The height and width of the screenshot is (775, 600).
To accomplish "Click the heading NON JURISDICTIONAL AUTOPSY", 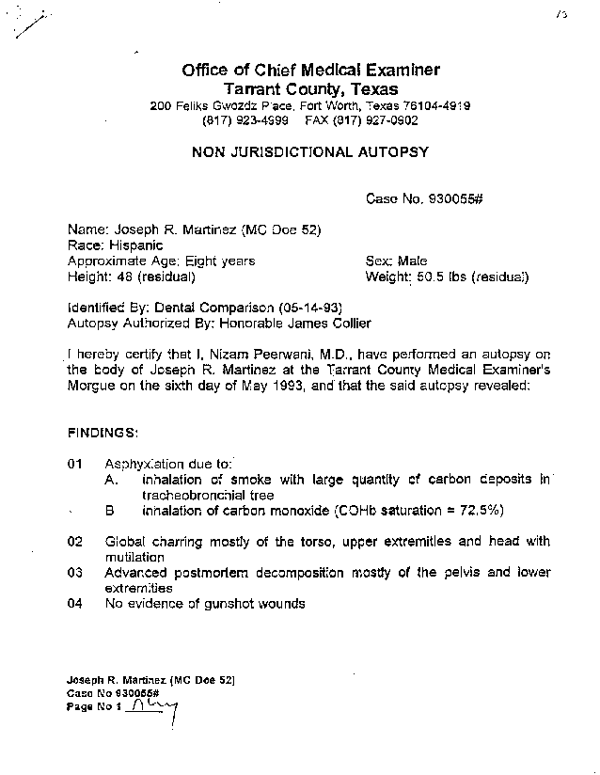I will pyautogui.click(x=310, y=151).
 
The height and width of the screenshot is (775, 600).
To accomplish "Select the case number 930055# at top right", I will pyautogui.click(x=456, y=198).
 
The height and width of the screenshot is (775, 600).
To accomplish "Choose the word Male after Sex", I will pyautogui.click(x=412, y=261).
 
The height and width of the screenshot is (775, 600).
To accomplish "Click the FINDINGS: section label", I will pyautogui.click(x=103, y=432).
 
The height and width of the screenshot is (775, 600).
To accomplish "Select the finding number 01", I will pyautogui.click(x=76, y=464).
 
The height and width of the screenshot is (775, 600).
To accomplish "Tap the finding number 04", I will pyautogui.click(x=76, y=604).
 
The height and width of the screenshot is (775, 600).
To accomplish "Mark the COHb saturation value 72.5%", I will pyautogui.click(x=478, y=510).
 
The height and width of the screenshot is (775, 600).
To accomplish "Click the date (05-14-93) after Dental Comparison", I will pyautogui.click(x=310, y=307).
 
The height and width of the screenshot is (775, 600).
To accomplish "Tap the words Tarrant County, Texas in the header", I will pyautogui.click(x=310, y=88).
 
